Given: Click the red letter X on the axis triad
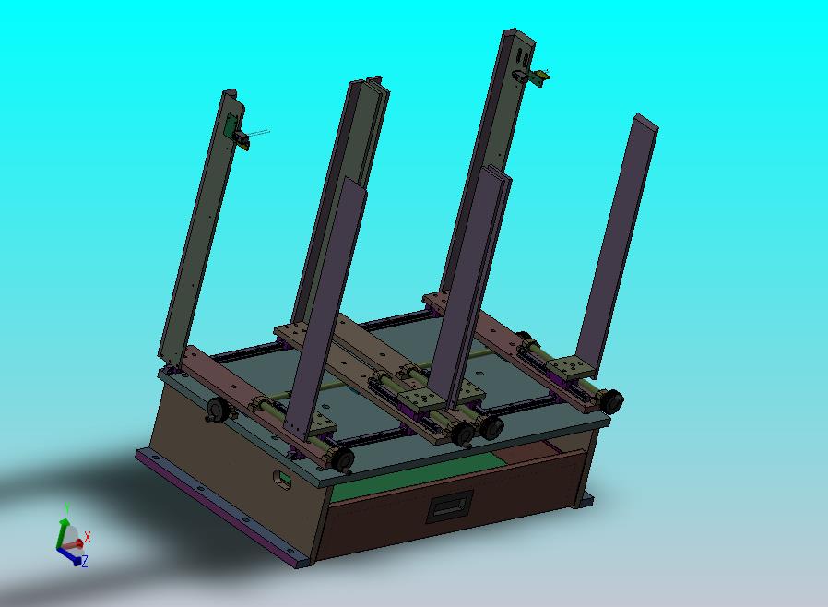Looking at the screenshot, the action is coord(87,537).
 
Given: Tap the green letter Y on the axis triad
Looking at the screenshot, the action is coord(67,507).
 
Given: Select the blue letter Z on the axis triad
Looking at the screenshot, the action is coord(85,561).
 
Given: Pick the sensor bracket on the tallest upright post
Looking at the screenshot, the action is coord(532,77).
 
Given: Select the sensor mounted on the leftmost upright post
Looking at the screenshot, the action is coord(239,136).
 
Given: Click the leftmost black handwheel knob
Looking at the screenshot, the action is coord(218,410).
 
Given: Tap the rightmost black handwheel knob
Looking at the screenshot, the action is coord(611,401).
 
